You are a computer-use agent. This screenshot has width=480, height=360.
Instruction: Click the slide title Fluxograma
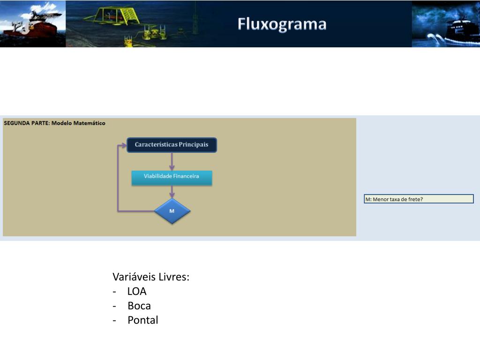coord(282,24)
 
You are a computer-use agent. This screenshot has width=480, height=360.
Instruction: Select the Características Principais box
coord(172,145)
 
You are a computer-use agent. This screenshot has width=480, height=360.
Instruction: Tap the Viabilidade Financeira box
coord(172,177)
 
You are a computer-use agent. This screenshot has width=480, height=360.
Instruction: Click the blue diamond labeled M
coord(172,211)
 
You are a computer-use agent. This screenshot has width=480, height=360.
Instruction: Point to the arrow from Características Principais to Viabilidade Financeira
coord(172,161)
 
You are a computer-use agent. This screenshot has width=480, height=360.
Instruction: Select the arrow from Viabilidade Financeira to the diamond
coord(172,192)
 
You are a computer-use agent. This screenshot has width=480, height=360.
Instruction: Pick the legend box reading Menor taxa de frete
coord(419,199)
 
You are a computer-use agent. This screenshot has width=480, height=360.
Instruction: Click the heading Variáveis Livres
coord(151,277)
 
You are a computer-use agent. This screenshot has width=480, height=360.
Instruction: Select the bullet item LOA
coord(137,292)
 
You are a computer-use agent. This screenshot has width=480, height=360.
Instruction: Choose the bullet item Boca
coord(139,306)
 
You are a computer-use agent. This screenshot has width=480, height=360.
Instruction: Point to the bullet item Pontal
coord(143,321)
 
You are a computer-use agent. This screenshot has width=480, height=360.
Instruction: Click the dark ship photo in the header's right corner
coord(446,24)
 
